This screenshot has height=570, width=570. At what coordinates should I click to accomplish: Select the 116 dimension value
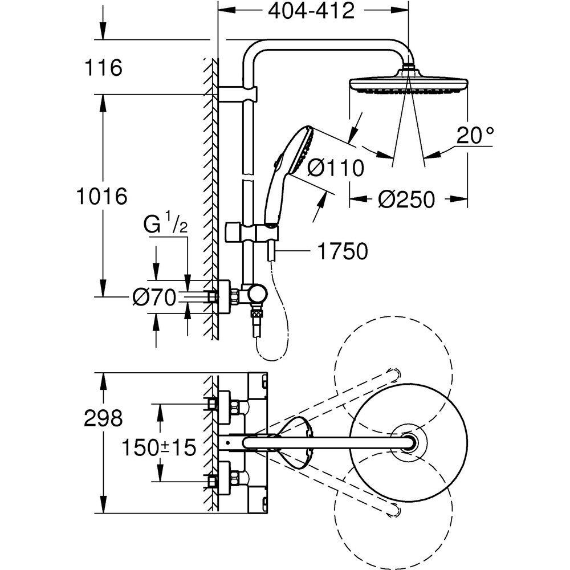click(x=103, y=68)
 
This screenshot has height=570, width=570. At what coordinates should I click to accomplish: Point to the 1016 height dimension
click(x=101, y=197)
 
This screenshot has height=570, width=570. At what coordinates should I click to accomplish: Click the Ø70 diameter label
click(x=154, y=298)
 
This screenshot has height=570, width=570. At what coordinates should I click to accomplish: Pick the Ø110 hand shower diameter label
click(x=335, y=169)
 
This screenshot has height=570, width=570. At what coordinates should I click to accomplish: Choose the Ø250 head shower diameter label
click(x=406, y=199)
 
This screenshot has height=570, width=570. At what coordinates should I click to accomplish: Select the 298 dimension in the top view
click(x=103, y=419)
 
